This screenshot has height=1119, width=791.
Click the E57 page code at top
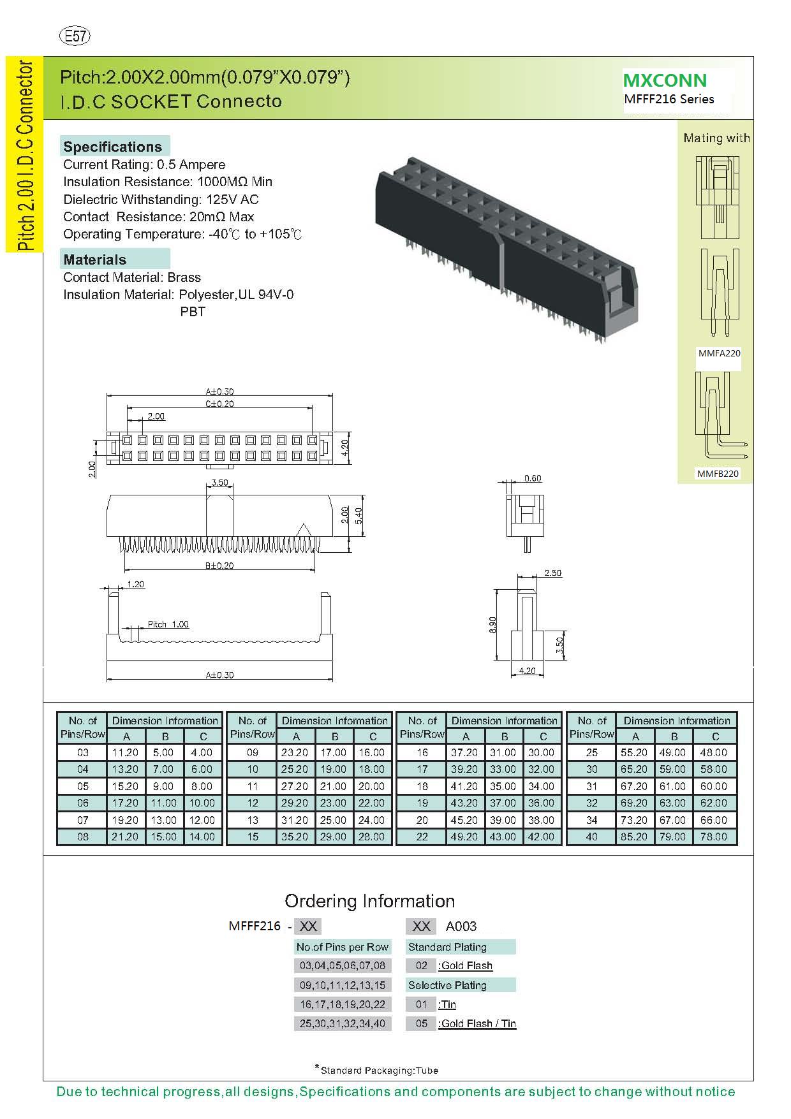point(75,36)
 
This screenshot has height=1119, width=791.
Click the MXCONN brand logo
point(665,80)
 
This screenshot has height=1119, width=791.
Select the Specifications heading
point(113,147)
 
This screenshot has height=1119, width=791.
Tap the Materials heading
point(95,260)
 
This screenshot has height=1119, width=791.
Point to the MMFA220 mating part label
point(719,353)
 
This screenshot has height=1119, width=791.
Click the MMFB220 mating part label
point(718,474)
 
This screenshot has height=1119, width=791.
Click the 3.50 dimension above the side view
point(219,483)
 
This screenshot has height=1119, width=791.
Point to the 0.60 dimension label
point(533,478)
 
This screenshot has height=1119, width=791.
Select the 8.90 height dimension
point(492,625)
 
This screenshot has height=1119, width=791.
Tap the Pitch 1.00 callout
point(168,624)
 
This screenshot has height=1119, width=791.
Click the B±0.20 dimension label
point(219,566)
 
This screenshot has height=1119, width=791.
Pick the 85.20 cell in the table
point(634,837)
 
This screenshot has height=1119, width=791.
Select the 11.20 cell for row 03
point(125,752)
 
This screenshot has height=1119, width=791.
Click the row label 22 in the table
point(422,837)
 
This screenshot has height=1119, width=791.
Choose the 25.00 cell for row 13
point(333,820)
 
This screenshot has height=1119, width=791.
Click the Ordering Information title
point(369,901)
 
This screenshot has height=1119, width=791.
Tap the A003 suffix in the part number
point(461,926)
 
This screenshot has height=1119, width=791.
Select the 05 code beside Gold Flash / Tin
point(421,1023)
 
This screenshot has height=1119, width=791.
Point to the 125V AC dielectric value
point(232,200)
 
